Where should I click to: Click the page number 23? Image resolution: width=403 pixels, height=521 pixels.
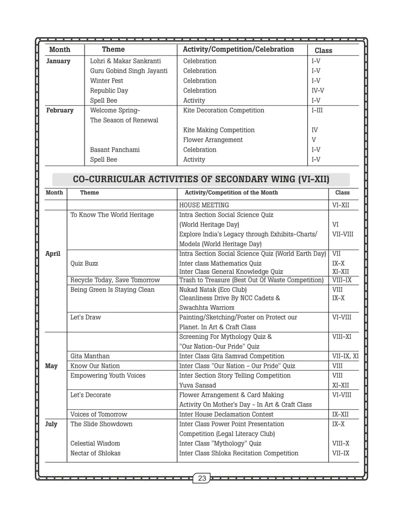[x=202, y=478]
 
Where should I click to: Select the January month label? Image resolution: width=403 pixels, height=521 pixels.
[x=58, y=61]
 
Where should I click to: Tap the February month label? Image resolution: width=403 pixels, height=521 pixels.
[x=60, y=110]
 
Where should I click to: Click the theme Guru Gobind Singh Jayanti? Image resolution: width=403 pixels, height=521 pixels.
[x=129, y=71]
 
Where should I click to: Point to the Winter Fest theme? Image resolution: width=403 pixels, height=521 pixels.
[x=106, y=81]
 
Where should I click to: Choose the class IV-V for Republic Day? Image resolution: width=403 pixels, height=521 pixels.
[x=318, y=91]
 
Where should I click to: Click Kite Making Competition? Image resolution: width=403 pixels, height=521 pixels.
[x=219, y=130]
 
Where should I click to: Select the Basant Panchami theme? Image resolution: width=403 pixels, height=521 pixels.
[x=115, y=150]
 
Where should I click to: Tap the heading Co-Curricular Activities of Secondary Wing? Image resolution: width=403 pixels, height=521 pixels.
[x=201, y=179]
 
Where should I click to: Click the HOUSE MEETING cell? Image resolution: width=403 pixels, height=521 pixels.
[x=204, y=205]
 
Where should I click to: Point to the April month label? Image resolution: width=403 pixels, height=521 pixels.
[x=53, y=254]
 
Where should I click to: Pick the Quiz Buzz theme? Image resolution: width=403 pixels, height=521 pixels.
[x=84, y=263]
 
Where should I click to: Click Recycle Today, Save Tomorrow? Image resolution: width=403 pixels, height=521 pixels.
[x=115, y=280]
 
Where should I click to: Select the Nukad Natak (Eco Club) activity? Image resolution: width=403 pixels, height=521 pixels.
[x=213, y=290]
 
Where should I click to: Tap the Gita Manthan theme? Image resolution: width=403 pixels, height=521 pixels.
[x=90, y=356]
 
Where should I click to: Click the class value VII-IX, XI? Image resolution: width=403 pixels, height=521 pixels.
[x=345, y=356]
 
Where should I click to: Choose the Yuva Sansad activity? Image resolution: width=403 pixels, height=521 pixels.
[x=197, y=385]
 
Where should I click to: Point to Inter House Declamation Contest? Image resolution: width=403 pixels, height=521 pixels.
[x=226, y=414]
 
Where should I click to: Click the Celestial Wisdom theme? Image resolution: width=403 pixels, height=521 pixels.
[x=95, y=444]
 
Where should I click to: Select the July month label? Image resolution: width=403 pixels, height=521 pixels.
[x=51, y=424]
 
